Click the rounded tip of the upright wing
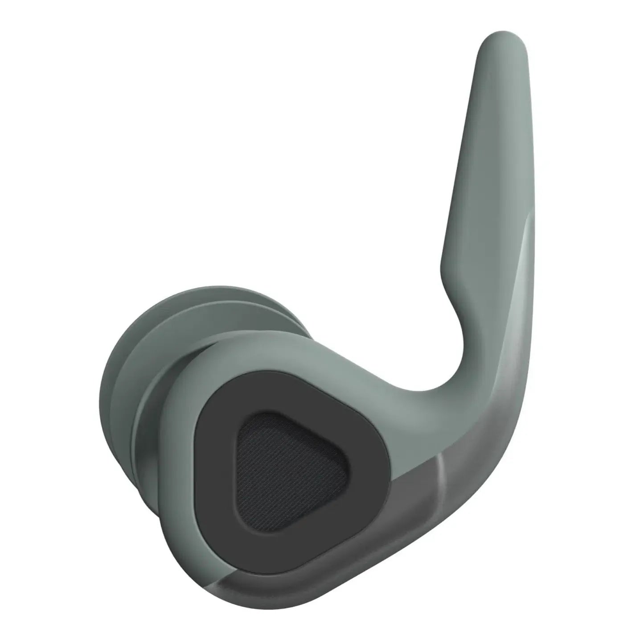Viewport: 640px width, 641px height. click(x=503, y=42)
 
